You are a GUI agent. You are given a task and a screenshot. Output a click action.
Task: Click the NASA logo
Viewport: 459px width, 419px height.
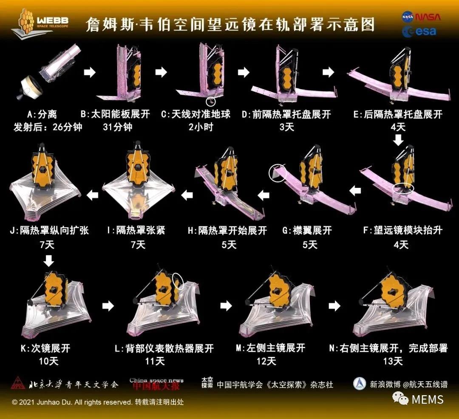421,17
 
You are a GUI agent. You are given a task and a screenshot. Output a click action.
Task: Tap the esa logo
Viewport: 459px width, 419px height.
419,31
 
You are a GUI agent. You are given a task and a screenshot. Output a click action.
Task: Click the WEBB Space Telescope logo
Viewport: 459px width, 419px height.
40,25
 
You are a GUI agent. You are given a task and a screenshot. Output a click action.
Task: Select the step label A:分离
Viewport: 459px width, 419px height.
42,114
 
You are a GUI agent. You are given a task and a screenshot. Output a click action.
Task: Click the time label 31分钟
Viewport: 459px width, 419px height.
118,127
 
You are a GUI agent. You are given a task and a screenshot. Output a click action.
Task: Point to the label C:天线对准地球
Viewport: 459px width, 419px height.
196,114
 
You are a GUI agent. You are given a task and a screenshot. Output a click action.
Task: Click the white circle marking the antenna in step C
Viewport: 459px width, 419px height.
210,102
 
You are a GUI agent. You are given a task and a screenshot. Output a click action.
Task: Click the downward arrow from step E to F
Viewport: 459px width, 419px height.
398,139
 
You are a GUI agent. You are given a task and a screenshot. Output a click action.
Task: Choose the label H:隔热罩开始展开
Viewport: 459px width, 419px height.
227,231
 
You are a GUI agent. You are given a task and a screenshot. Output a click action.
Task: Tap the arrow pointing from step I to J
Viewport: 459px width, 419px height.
93,195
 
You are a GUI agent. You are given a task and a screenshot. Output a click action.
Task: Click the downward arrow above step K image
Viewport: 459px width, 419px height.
49,260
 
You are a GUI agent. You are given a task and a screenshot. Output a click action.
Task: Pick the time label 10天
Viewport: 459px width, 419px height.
48,361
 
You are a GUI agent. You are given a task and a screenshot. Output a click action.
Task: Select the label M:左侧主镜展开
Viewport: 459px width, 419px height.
270,348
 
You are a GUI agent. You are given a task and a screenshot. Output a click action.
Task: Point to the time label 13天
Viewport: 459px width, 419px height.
393,361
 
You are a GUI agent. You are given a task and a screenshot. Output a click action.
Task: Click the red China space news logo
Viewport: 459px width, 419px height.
156,384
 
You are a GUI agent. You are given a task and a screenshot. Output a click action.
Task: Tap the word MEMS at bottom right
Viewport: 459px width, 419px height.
428,400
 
